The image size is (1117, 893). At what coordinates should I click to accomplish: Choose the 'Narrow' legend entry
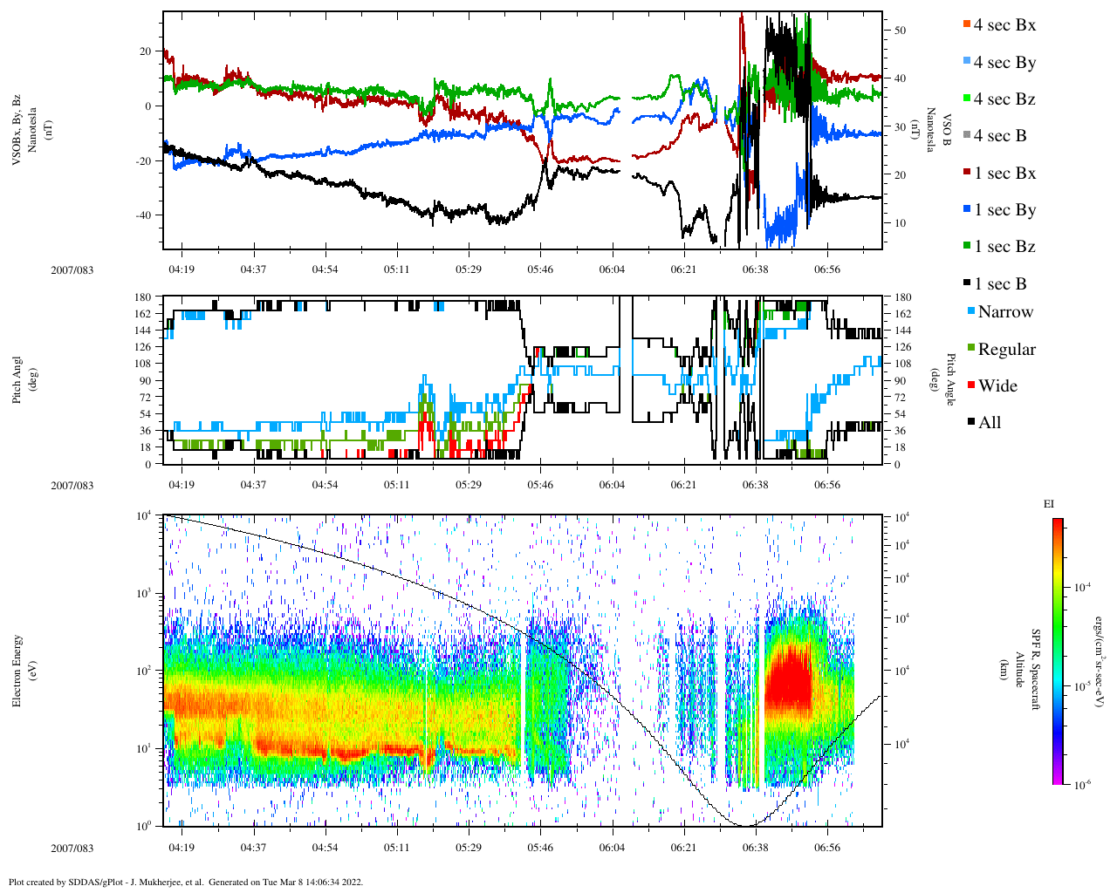click(x=1000, y=312)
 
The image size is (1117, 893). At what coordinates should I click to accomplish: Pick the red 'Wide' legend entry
click(x=991, y=386)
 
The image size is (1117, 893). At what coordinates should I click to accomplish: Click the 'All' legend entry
click(x=983, y=423)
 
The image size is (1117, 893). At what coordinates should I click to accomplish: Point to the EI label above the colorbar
click(x=1049, y=504)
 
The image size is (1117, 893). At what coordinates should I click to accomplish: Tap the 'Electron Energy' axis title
click(x=17, y=670)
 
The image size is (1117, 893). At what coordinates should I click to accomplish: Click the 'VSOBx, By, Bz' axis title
click(x=17, y=130)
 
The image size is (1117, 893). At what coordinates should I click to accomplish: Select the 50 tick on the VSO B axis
click(x=900, y=31)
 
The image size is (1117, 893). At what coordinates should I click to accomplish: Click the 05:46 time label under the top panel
click(x=539, y=270)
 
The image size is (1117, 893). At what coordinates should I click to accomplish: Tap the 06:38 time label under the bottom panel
click(x=755, y=848)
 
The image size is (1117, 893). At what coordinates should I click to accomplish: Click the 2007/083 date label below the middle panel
click(x=72, y=486)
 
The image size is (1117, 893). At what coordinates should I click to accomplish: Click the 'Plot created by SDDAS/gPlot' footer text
click(x=185, y=882)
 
